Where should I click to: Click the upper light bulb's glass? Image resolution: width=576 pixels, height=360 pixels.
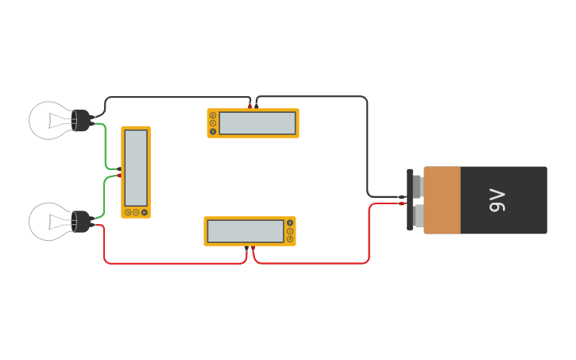click(49, 120)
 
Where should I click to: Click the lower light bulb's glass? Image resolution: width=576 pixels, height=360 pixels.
click(49, 221)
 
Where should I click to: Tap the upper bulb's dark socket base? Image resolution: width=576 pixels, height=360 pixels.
click(81, 120)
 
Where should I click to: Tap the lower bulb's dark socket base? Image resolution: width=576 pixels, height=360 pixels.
click(81, 221)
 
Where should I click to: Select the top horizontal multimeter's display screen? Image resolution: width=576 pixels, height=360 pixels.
click(257, 123)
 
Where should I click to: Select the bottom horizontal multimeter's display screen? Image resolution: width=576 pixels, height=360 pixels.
click(245, 231)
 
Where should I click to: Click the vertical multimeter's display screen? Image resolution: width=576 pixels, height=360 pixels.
click(136, 167)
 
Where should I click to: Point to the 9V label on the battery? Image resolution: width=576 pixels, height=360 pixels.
click(497, 200)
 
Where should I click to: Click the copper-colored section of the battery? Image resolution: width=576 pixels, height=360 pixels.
click(443, 200)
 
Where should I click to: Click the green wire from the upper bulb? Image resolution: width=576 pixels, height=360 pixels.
click(106, 147)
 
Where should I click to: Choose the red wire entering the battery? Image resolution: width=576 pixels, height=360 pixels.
click(369, 234)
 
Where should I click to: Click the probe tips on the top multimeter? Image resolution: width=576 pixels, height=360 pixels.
click(253, 105)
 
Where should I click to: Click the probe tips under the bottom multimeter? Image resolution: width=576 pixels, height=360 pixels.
click(249, 250)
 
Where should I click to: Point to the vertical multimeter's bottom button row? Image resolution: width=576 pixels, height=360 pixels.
click(136, 212)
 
